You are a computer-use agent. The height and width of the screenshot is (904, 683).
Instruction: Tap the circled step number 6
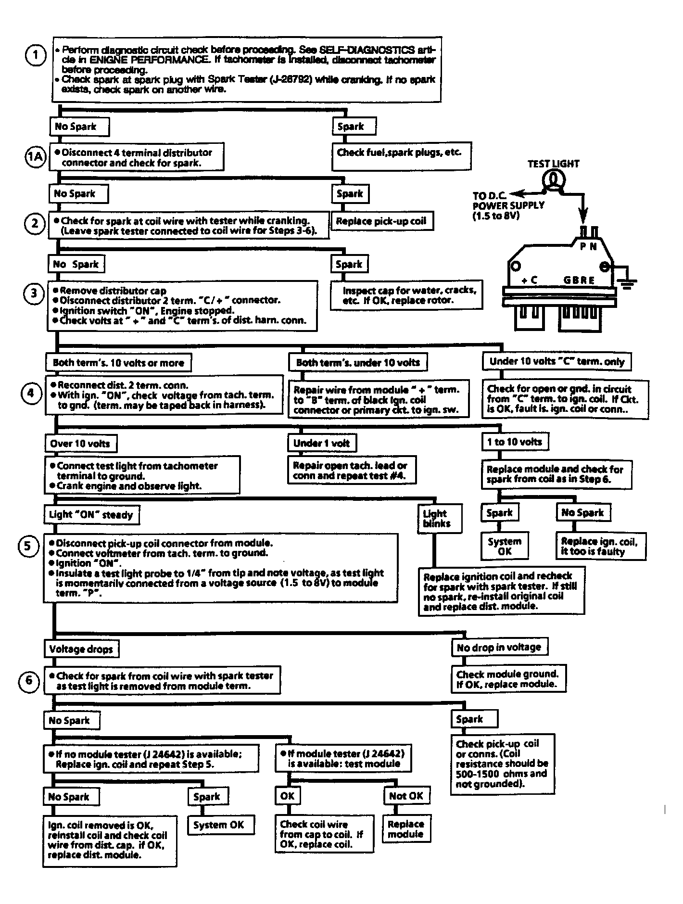pyautogui.click(x=28, y=680)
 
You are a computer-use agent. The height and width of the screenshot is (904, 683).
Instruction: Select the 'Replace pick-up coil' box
pyautogui.click(x=381, y=221)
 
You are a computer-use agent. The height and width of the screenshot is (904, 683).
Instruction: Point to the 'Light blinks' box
pyautogui.click(x=440, y=519)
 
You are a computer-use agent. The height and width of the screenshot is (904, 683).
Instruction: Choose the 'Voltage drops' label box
pyautogui.click(x=81, y=649)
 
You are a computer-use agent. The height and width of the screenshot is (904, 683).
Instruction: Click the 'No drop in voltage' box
pyautogui.click(x=499, y=648)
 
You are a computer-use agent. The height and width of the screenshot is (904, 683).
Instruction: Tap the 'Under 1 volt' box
pyautogui.click(x=322, y=443)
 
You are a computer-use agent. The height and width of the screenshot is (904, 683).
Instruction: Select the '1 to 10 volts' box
pyautogui.click(x=515, y=442)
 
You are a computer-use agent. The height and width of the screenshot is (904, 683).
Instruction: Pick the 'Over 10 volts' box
pyautogui.click(x=80, y=444)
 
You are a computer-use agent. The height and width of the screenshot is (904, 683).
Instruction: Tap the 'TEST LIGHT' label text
pyautogui.click(x=553, y=164)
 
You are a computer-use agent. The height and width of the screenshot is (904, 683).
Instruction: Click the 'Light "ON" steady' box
pyautogui.click(x=91, y=515)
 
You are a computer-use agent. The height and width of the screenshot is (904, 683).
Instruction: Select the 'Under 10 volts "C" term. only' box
pyautogui.click(x=557, y=362)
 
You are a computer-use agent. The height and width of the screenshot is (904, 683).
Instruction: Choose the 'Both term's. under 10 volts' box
pyautogui.click(x=358, y=363)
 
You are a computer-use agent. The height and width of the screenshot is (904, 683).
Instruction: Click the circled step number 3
pyautogui.click(x=34, y=293)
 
